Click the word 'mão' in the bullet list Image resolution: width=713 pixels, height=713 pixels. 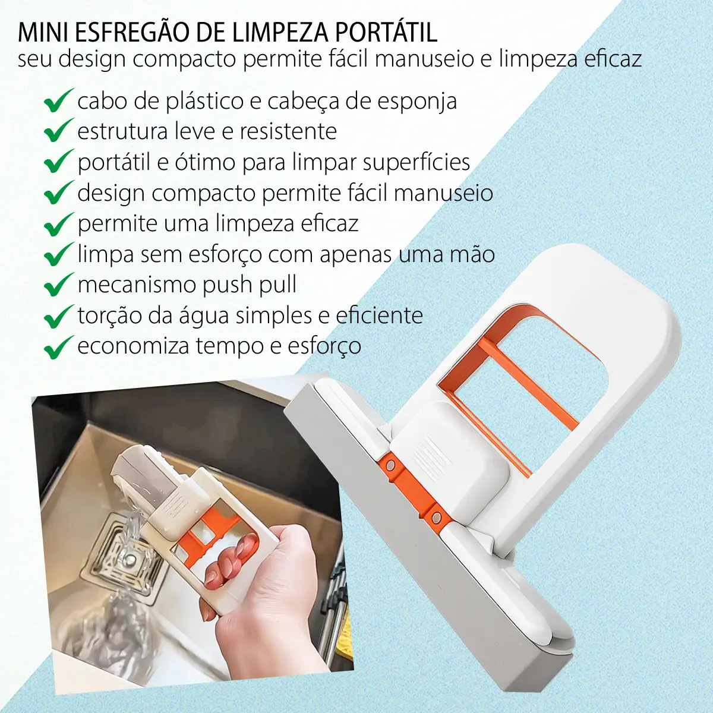click(472, 254)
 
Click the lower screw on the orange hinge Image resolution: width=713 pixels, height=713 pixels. click(437, 517)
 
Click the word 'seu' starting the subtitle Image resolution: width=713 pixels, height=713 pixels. click(35, 59)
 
